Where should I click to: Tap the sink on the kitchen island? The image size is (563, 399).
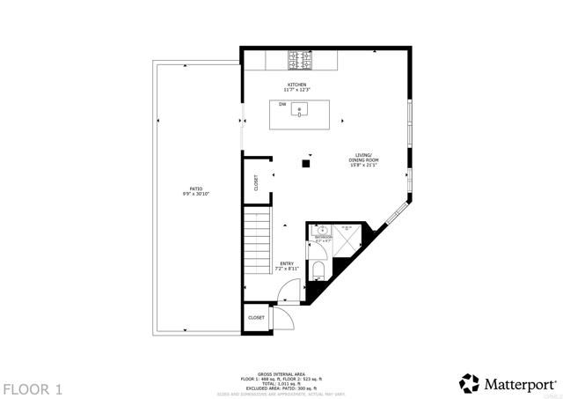point(302,111)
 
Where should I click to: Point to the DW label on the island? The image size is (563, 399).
point(282,105)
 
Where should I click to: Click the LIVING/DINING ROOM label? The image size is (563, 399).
point(364,158)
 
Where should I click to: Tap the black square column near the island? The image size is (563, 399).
point(306,163)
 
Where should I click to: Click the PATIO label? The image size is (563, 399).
point(195,188)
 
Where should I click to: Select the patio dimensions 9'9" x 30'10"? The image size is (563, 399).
point(195,193)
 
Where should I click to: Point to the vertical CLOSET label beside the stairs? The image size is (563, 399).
point(256,183)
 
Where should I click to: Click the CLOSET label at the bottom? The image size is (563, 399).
point(256,317)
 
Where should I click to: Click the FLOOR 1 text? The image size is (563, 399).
point(32,388)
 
